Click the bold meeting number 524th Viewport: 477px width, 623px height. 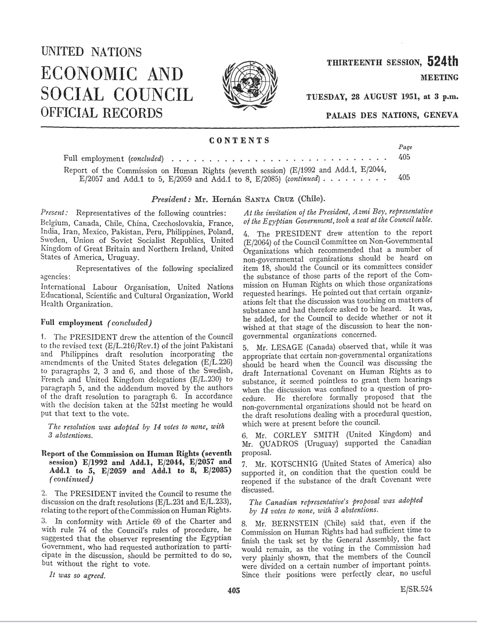442,61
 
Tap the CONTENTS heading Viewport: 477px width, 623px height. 239,140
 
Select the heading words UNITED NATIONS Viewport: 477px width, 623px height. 92,52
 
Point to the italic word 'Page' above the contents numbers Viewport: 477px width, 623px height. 405,147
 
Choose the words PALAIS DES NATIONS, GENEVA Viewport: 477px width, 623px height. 393,115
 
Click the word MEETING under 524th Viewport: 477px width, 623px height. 439,77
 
